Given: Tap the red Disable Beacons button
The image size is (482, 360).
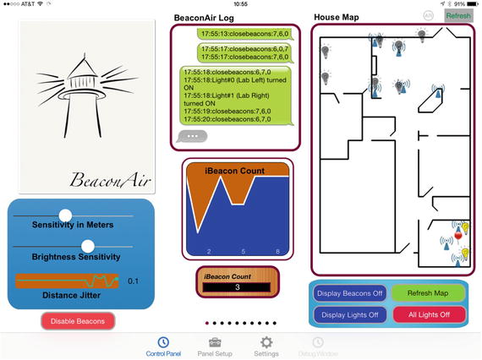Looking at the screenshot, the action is (x=78, y=321).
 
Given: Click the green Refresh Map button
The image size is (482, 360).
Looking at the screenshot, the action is (x=428, y=293).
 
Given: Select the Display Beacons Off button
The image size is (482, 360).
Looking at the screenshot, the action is (x=350, y=293).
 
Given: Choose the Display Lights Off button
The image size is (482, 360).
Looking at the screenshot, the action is (x=350, y=315).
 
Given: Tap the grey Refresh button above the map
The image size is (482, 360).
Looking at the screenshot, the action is (x=458, y=16).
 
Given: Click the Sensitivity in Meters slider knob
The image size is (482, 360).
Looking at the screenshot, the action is (x=65, y=215).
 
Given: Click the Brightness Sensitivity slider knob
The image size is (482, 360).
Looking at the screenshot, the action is (x=88, y=246).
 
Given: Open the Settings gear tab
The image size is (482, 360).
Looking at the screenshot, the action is (x=266, y=346).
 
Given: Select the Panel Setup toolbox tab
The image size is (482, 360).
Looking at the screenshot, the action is (x=215, y=347).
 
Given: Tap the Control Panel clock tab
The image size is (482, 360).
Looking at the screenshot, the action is (x=163, y=347).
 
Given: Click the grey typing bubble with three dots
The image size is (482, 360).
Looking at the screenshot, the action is (x=192, y=136).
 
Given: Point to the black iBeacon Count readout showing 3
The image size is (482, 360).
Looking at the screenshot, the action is (x=237, y=287).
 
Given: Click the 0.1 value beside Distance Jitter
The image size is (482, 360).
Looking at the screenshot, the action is (x=133, y=281).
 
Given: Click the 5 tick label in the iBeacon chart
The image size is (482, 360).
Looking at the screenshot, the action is (x=244, y=252).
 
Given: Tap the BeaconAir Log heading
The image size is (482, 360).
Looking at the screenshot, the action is (x=204, y=18).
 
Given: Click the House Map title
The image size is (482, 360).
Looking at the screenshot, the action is (x=337, y=17).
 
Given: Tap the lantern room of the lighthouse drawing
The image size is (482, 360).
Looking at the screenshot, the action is (x=82, y=82).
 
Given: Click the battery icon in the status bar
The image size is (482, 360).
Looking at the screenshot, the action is (x=473, y=4).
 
